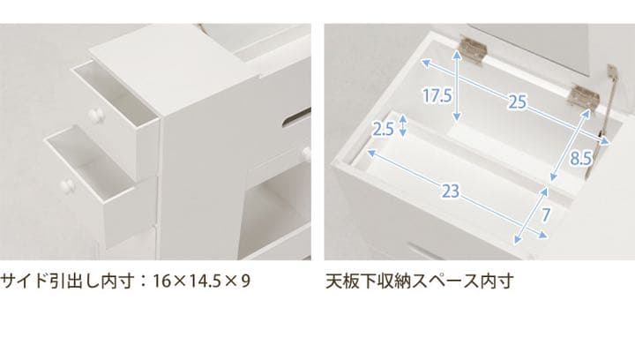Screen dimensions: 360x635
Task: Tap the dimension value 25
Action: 517,102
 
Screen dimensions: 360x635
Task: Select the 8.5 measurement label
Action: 580,160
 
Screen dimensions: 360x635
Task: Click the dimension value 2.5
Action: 383,130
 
